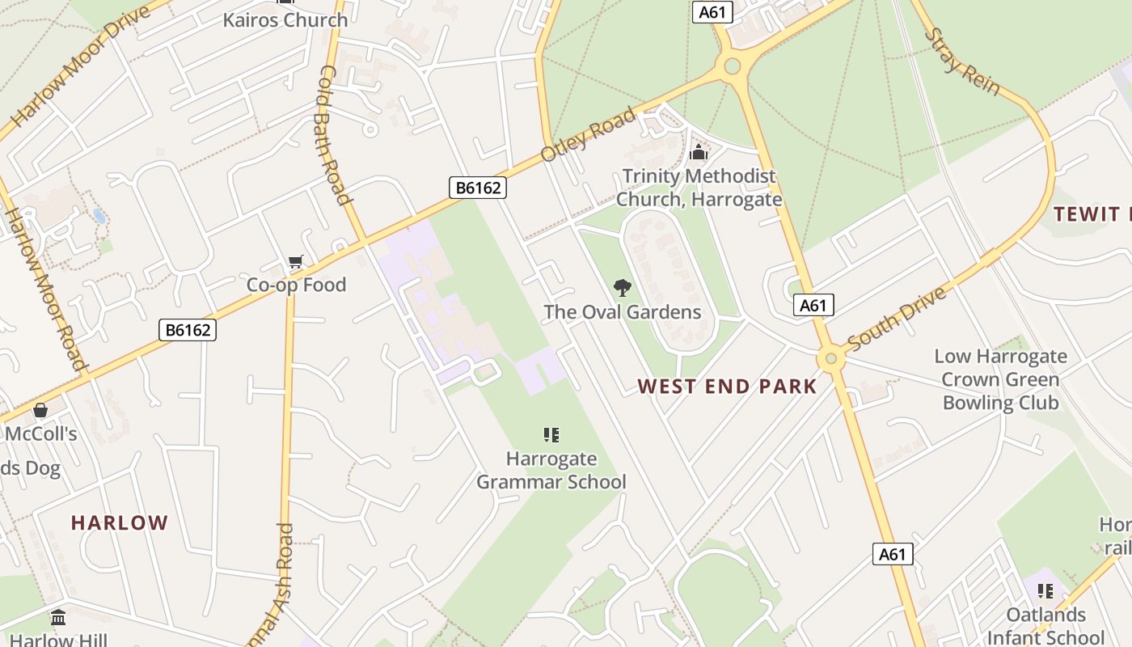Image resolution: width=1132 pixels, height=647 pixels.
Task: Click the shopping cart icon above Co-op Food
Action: pyautogui.click(x=296, y=261)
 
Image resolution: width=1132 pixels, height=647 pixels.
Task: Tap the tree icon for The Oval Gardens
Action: pyautogui.click(x=622, y=287)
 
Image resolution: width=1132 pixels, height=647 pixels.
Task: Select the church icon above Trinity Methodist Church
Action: pyautogui.click(x=699, y=152)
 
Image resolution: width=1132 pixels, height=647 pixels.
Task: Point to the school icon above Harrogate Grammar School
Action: pyautogui.click(x=551, y=435)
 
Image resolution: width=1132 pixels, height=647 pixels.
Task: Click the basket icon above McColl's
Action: pyautogui.click(x=40, y=410)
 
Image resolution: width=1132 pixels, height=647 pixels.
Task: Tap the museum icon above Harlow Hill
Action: pyautogui.click(x=58, y=618)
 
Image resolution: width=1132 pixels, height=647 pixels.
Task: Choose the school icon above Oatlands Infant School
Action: pyautogui.click(x=1045, y=591)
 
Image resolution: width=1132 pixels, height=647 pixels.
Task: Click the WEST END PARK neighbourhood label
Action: pyautogui.click(x=727, y=387)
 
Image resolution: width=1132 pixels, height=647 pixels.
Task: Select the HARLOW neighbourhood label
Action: pyautogui.click(x=120, y=522)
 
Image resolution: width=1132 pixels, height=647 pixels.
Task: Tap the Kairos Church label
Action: pyautogui.click(x=285, y=19)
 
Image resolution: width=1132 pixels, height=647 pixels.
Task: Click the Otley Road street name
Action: pyautogui.click(x=588, y=134)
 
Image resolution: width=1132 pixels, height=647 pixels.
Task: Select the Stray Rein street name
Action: pyautogui.click(x=961, y=61)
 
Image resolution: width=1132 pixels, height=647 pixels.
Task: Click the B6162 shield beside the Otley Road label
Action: pyautogui.click(x=478, y=188)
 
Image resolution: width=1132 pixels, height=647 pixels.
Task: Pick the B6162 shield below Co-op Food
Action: pyautogui.click(x=188, y=329)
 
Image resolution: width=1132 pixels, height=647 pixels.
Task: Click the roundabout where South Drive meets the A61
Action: pyautogui.click(x=830, y=358)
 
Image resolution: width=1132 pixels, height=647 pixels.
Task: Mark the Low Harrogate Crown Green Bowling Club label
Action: pyautogui.click(x=1000, y=379)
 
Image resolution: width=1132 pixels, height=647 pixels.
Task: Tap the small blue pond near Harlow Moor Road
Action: pyautogui.click(x=99, y=216)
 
